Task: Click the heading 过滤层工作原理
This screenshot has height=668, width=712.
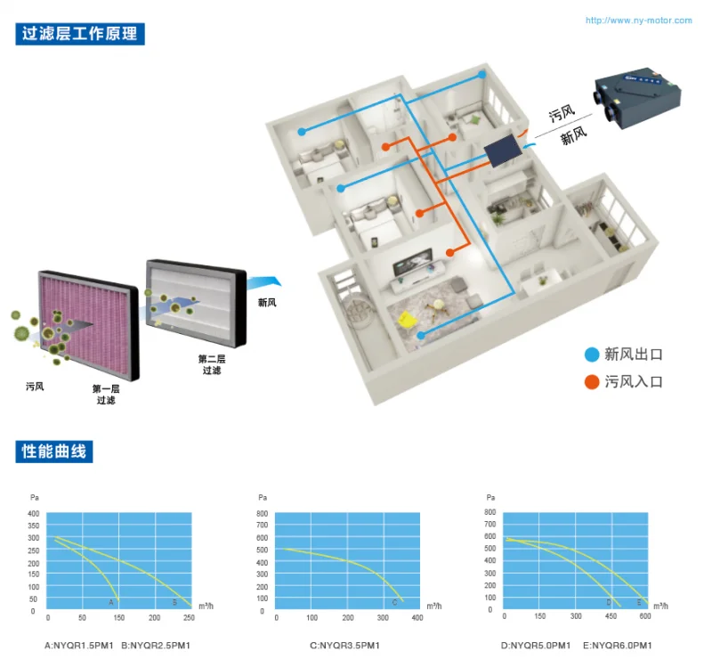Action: pyautogui.click(x=80, y=34)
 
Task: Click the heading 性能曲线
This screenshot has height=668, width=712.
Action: pyautogui.click(x=54, y=452)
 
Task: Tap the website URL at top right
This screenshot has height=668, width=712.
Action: pyautogui.click(x=638, y=20)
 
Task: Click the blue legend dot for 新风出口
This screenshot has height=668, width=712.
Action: pyautogui.click(x=592, y=354)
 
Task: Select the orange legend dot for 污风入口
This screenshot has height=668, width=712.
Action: pyautogui.click(x=592, y=382)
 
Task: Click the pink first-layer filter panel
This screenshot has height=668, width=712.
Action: pyautogui.click(x=88, y=325)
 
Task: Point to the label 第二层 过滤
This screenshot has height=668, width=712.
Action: pyautogui.click(x=212, y=364)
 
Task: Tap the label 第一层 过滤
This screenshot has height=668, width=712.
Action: pyautogui.click(x=106, y=395)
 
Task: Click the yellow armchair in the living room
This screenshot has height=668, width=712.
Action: pyautogui.click(x=408, y=319)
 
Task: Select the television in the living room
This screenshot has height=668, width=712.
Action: pyautogui.click(x=412, y=262)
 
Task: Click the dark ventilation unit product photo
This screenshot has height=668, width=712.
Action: pyautogui.click(x=638, y=97)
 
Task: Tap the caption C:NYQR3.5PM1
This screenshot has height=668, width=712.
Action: pyautogui.click(x=344, y=645)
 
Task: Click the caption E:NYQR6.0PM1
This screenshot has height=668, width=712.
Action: pyautogui.click(x=617, y=645)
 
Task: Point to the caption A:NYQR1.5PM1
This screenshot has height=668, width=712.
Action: pyautogui.click(x=78, y=645)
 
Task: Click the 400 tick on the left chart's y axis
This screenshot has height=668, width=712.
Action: pyautogui.click(x=34, y=514)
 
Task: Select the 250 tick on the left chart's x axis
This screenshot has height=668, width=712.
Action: pyautogui.click(x=189, y=617)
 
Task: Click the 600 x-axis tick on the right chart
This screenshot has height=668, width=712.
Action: pyautogui.click(x=644, y=616)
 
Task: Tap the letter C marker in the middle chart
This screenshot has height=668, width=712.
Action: pyautogui.click(x=394, y=603)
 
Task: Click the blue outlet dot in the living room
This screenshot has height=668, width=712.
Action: pyautogui.click(x=421, y=336)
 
